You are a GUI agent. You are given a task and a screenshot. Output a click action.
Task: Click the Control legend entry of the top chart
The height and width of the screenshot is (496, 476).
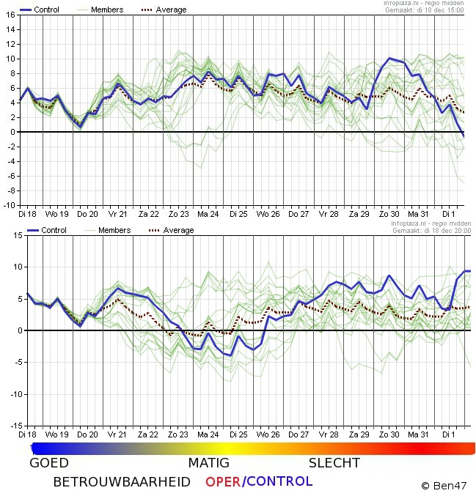(46, 10)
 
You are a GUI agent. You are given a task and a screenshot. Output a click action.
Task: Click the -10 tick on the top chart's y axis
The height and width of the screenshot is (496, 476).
(9, 205)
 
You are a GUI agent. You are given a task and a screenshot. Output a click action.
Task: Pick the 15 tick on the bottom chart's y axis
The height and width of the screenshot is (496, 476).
(10, 235)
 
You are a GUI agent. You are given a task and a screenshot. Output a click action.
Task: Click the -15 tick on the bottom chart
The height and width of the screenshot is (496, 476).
(9, 426)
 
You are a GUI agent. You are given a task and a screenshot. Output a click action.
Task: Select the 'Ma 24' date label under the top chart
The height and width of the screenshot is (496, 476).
(208, 215)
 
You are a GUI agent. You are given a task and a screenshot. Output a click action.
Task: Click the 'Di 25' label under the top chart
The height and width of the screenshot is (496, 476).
(238, 215)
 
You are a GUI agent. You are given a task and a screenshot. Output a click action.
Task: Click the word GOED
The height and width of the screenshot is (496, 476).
(49, 463)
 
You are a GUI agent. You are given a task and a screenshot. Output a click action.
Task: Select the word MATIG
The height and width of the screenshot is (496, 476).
(208, 463)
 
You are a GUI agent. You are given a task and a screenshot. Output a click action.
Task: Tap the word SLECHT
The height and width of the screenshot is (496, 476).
(334, 463)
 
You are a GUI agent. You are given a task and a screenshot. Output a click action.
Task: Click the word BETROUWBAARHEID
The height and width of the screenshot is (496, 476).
(122, 482)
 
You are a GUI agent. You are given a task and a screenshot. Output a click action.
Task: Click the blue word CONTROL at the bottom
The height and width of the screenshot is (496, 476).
(279, 482)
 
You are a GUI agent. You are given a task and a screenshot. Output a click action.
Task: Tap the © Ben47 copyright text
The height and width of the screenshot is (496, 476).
(444, 485)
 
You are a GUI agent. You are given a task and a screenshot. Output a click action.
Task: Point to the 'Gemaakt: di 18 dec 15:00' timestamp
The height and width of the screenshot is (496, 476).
(431, 10)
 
